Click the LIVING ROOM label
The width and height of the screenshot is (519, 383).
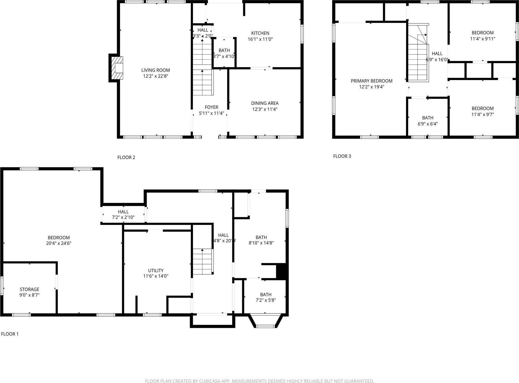pyautogui.click(x=155, y=70)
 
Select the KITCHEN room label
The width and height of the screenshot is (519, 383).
pyautogui.click(x=260, y=33)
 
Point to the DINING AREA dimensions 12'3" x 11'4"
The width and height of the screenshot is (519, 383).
pyautogui.click(x=265, y=109)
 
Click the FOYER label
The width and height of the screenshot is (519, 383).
pyautogui.click(x=211, y=107)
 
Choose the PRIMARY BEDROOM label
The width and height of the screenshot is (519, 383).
pyautogui.click(x=371, y=81)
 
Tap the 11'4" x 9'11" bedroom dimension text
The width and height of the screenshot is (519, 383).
pyautogui.click(x=483, y=39)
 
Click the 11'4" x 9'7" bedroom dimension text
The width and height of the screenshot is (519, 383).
pyautogui.click(x=483, y=114)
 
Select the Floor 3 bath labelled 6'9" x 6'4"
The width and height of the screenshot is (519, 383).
pyautogui.click(x=427, y=121)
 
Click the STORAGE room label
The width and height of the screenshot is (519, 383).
pyautogui.click(x=30, y=289)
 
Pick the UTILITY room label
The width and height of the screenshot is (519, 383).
pyautogui.click(x=156, y=270)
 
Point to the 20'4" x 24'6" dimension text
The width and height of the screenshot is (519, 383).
pyautogui.click(x=59, y=244)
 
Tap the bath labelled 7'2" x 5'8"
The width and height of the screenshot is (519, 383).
pyautogui.click(x=266, y=297)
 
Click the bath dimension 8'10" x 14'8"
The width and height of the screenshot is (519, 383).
pyautogui.click(x=261, y=243)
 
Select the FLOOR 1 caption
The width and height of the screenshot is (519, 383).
pyautogui.click(x=10, y=334)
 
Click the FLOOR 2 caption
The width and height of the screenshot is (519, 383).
pyautogui.click(x=126, y=158)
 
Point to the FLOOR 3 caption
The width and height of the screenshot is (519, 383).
pyautogui.click(x=342, y=156)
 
